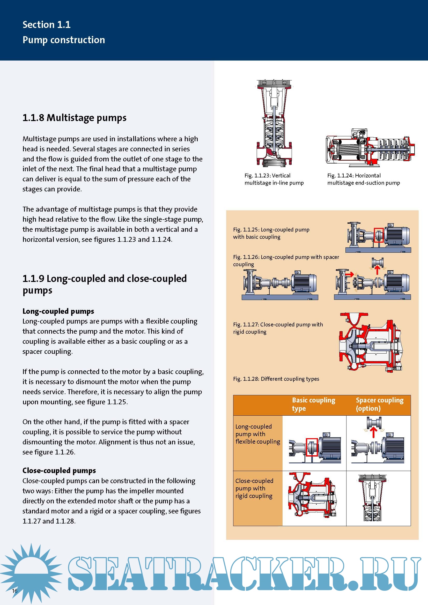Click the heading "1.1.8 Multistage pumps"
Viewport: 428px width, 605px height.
tap(74, 118)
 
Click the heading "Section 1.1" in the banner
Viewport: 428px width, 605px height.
tap(46, 25)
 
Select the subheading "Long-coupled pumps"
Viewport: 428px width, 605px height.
tap(58, 311)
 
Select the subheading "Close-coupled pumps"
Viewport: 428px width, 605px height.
tap(59, 470)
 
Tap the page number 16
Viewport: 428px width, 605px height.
tap(15, 591)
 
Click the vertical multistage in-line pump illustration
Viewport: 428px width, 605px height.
tap(274, 123)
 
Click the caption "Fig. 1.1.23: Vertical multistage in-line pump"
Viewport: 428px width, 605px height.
tap(274, 179)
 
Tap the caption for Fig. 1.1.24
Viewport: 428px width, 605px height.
tap(363, 179)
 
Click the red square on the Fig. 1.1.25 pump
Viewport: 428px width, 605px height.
tap(379, 235)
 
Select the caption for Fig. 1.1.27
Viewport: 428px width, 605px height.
tap(278, 328)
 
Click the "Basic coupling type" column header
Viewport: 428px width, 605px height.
tap(313, 404)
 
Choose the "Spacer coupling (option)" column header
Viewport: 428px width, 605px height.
tap(379, 404)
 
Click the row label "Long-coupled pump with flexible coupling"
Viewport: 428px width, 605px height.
tap(257, 434)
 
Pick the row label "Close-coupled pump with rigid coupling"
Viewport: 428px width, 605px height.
tap(254, 488)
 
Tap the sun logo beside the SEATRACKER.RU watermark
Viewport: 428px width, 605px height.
tap(31, 572)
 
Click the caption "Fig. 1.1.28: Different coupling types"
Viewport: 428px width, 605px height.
tap(276, 379)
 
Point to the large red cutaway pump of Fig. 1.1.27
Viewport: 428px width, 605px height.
tap(370, 342)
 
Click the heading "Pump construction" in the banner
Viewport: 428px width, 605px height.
tap(64, 40)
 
